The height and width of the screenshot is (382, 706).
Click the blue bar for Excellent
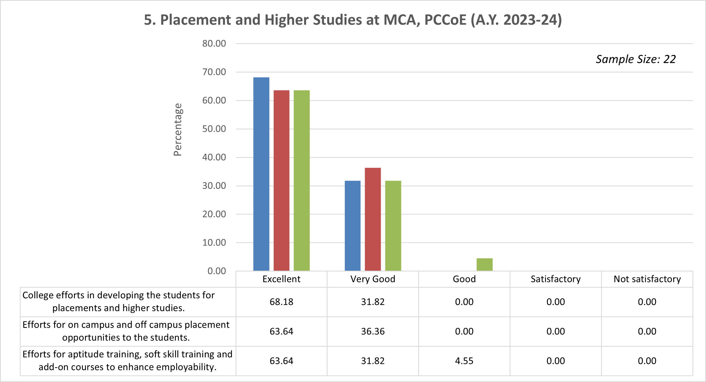261,174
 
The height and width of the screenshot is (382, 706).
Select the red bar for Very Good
373,219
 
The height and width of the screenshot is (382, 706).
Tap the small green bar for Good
484,265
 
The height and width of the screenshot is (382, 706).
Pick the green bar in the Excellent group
302,180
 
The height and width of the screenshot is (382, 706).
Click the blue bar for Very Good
352,226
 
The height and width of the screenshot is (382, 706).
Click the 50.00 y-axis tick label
214,129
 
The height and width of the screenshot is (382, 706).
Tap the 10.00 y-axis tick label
214,243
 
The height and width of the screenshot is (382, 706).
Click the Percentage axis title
178,129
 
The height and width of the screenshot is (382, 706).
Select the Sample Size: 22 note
636,59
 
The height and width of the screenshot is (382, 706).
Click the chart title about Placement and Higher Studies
353,20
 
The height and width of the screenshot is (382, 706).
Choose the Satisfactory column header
556,279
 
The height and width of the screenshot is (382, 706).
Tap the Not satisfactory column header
647,279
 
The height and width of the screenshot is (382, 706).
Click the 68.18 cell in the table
281,302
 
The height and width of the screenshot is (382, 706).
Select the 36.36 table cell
373,331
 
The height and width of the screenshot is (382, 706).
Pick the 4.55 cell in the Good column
464,361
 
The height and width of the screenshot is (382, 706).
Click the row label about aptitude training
128,361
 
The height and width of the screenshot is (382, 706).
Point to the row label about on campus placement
126,331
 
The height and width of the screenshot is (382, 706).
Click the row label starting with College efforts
119,302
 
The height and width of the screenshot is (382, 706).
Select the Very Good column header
373,279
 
